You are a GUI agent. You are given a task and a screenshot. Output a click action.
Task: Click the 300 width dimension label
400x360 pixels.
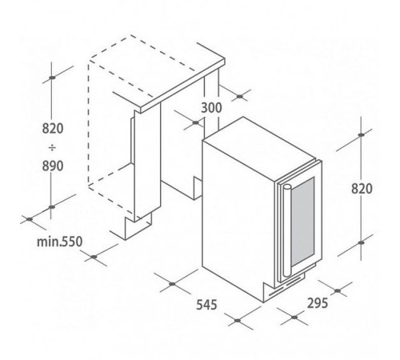tap(211, 108)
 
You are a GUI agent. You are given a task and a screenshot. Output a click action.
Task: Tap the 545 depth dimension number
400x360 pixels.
tap(206, 305)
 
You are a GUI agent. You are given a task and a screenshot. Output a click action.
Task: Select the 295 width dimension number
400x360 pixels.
tap(318, 303)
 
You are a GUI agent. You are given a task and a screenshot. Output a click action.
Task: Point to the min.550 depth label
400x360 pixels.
tap(60, 242)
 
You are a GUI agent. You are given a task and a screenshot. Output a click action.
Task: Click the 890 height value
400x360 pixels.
tap(53, 166)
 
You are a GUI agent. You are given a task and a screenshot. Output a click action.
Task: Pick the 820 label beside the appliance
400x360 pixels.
tap(362, 189)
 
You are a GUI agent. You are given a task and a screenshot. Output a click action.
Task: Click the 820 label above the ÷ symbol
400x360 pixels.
tap(53, 129)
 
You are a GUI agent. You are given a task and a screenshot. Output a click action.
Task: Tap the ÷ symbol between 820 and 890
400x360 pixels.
tap(53, 147)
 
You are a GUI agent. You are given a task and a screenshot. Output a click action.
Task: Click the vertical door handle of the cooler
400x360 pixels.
tap(286, 230)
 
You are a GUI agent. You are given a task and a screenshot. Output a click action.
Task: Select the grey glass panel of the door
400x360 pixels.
tap(302, 222)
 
